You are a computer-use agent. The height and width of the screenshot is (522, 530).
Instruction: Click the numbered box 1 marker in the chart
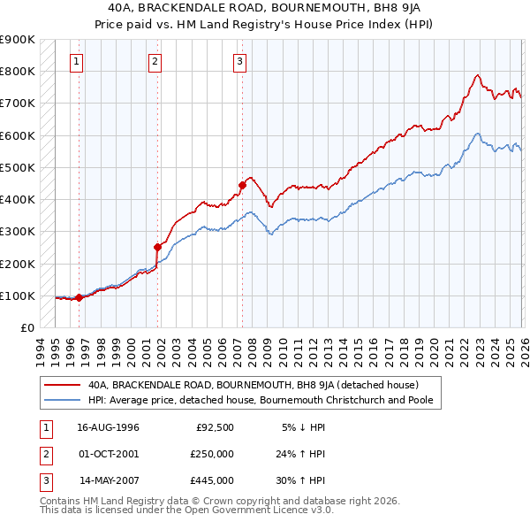pyautogui.click(x=77, y=61)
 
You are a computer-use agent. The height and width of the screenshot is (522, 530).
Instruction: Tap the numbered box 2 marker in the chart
pyautogui.click(x=155, y=61)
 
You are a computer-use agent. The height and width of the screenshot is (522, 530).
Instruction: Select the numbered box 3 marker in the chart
pyautogui.click(x=239, y=61)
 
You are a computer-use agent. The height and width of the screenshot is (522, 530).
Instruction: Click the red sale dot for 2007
pyautogui.click(x=241, y=185)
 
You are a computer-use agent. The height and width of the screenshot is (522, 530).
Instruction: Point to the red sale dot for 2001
pyautogui.click(x=158, y=247)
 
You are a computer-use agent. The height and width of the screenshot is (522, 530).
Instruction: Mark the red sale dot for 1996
pyautogui.click(x=79, y=297)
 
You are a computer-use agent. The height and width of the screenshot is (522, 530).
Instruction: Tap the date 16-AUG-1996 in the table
pyautogui.click(x=109, y=427)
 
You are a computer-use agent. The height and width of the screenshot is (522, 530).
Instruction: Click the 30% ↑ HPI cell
pyautogui.click(x=303, y=480)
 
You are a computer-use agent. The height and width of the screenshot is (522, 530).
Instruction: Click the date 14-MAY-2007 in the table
pyautogui.click(x=109, y=480)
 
